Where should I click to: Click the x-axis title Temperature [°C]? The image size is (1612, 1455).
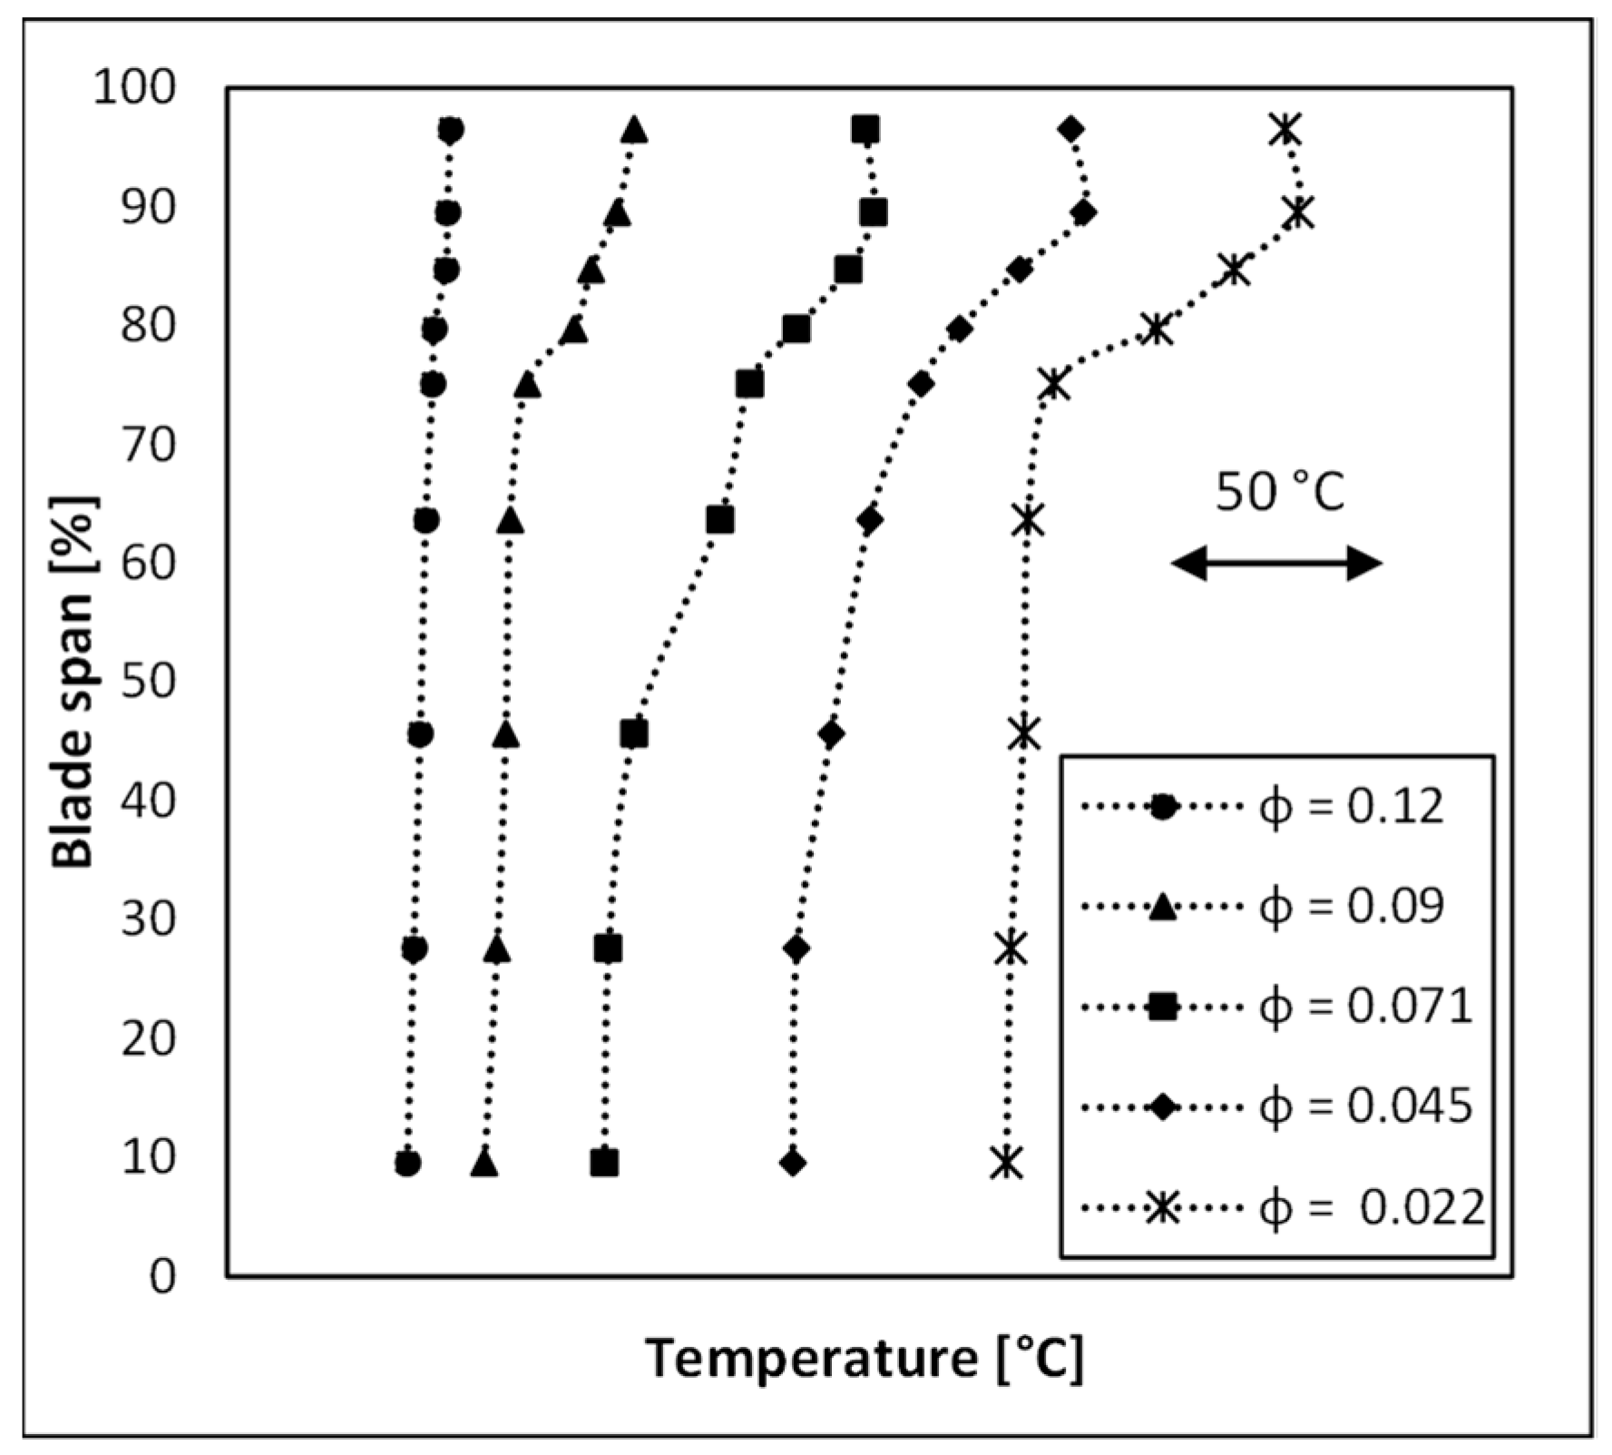tap(865, 1359)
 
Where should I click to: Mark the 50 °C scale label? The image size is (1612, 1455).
tap(1279, 493)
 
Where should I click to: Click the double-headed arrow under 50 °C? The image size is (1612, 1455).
tap(1276, 564)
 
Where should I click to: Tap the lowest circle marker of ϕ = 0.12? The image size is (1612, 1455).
tap(408, 1163)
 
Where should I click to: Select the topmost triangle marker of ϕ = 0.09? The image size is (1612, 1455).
tap(635, 131)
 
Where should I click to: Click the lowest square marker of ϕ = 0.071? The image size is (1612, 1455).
tap(605, 1163)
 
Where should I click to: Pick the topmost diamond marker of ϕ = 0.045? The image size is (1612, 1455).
tap(1071, 130)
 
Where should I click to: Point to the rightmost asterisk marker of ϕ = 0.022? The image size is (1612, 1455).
tap(1299, 212)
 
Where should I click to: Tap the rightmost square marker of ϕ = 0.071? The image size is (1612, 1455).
tap(873, 212)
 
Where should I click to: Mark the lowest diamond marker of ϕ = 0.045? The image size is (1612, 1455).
tap(794, 1163)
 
